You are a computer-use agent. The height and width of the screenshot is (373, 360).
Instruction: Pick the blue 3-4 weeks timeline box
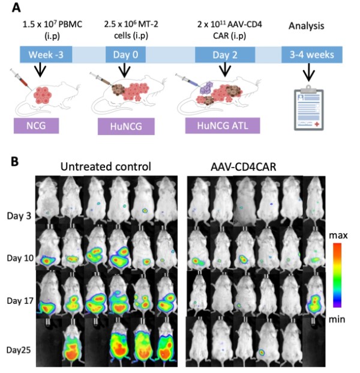point(312,55)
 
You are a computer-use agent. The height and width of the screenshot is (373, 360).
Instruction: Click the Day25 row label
point(19,348)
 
